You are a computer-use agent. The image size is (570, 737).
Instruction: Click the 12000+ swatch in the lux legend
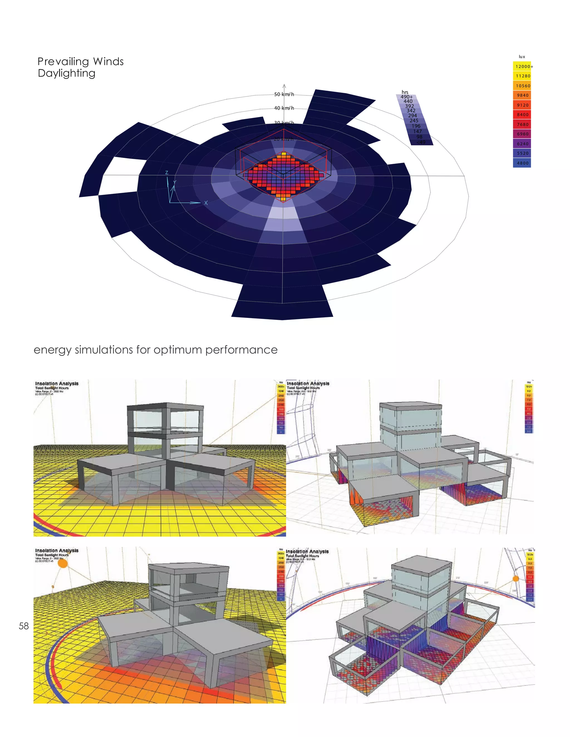click(x=522, y=66)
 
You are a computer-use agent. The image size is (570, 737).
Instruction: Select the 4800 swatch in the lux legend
click(x=522, y=163)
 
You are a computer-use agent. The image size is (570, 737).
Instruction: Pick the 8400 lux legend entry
click(x=522, y=115)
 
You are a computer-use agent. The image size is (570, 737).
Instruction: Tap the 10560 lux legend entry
click(x=522, y=86)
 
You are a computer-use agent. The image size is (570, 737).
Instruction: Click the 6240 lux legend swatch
click(x=522, y=144)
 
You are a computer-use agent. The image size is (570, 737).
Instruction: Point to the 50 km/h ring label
click(x=284, y=95)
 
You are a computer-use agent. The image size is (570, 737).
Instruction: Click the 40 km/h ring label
click(x=284, y=108)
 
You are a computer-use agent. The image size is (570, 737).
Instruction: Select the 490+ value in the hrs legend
click(x=407, y=97)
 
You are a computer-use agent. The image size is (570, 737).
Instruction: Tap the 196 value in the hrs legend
click(x=416, y=126)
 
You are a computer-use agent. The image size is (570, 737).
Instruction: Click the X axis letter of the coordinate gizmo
click(x=206, y=203)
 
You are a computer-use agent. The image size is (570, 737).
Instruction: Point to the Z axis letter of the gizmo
click(x=166, y=173)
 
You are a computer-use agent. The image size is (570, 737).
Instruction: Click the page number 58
click(x=24, y=626)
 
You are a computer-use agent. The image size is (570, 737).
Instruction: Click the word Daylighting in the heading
click(x=67, y=73)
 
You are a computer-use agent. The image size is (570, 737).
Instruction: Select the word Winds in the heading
click(x=108, y=61)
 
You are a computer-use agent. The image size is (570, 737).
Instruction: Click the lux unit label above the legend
click(x=522, y=57)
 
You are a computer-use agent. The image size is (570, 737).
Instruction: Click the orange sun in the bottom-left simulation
click(x=63, y=563)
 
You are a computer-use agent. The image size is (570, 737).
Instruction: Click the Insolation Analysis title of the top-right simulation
click(x=308, y=384)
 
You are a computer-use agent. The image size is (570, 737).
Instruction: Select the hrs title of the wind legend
click(x=405, y=92)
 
